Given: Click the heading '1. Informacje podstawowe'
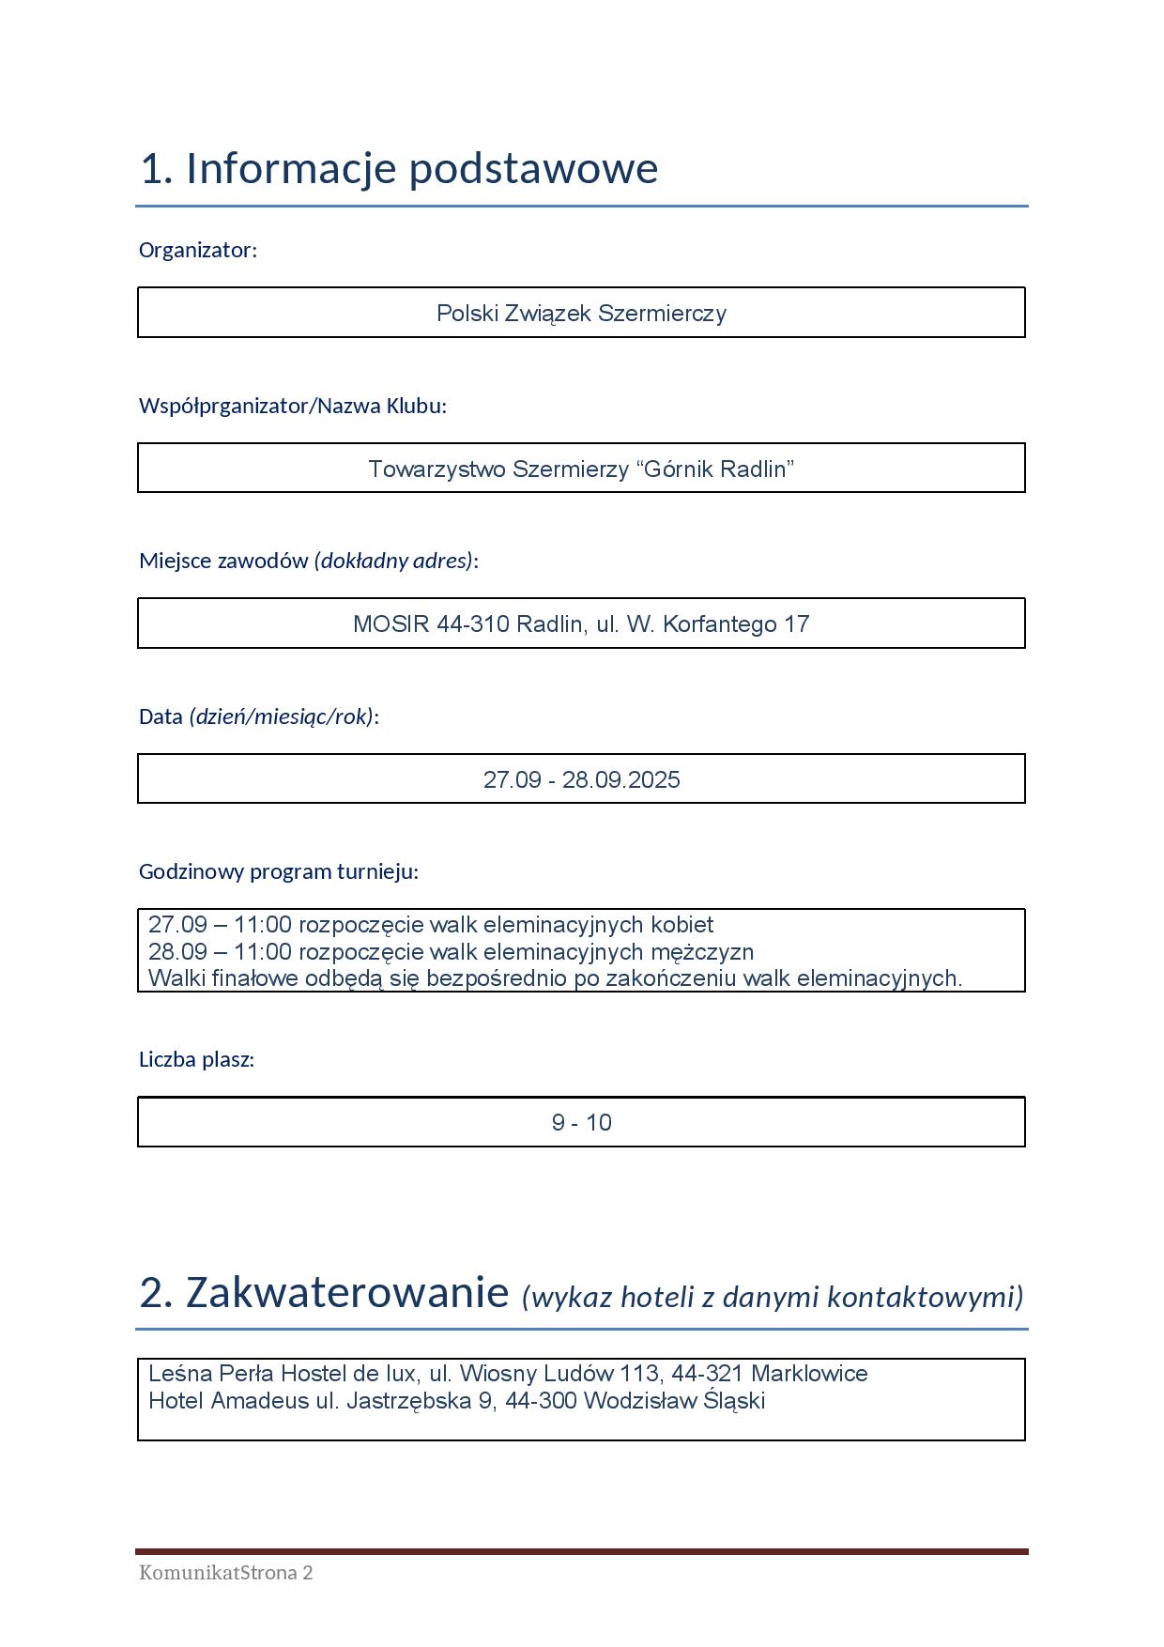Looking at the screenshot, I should click(399, 169).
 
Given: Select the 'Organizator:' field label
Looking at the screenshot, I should click(197, 250).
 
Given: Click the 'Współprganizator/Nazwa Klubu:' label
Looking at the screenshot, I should click(292, 406).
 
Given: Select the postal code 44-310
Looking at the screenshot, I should click(473, 624).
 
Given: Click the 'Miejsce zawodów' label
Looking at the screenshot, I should click(223, 561).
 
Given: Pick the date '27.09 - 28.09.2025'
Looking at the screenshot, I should click(581, 779).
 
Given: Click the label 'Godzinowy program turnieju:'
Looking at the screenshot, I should click(278, 871).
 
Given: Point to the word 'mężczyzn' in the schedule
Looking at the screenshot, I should click(711, 952).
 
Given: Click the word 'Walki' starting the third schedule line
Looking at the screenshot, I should click(176, 978).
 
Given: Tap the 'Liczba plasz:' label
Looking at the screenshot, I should click(196, 1059).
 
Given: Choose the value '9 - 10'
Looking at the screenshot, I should click(581, 1123).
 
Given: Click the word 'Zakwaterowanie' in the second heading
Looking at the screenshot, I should click(347, 1293).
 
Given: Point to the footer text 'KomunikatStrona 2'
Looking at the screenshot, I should click(225, 1573).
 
